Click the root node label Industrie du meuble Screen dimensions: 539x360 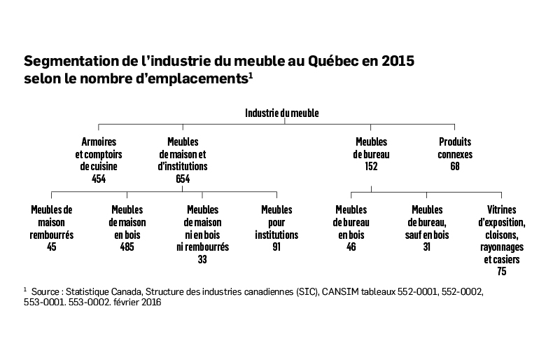(282, 113)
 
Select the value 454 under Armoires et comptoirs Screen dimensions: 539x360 (99, 179)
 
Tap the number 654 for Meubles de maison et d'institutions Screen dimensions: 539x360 (183, 179)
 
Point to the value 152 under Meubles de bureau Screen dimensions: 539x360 (371, 167)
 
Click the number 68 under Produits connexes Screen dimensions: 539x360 (455, 167)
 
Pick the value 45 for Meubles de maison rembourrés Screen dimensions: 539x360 (52, 247)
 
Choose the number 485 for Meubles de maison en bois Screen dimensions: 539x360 (127, 247)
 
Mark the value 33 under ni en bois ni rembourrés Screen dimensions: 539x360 (202, 259)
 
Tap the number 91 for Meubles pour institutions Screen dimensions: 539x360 (276, 247)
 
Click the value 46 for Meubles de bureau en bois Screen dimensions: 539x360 (351, 247)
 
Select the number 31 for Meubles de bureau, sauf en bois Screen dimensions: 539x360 (427, 247)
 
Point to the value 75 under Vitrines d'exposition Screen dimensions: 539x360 (502, 271)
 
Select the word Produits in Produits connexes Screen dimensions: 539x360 (455, 141)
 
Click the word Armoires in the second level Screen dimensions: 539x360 (99, 141)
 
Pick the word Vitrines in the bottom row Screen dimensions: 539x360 (502, 209)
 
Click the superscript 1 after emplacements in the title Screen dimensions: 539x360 (251, 75)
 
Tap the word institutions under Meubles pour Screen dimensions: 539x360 (276, 235)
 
